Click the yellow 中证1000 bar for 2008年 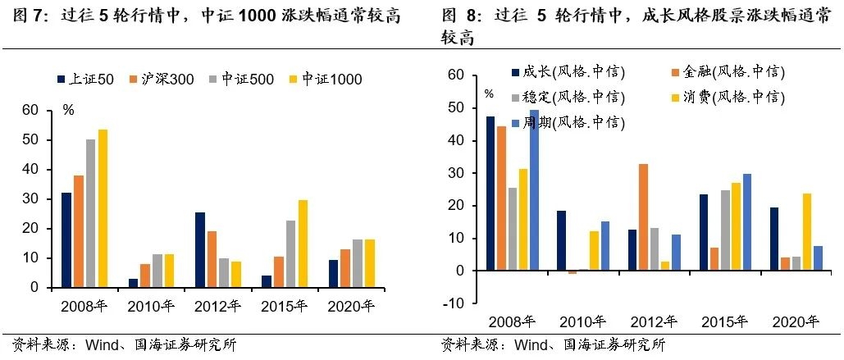coord(103,208)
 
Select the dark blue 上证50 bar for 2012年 coord(199,250)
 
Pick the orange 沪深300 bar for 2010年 coord(144,276)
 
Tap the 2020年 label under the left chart coord(350,307)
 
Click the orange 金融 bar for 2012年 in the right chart coord(643,217)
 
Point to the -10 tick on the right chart coord(455,303)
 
